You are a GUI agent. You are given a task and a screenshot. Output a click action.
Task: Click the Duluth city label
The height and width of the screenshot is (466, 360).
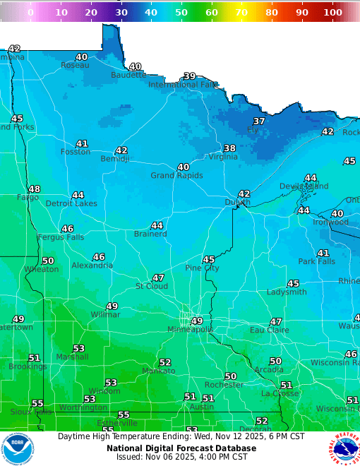point(237,203)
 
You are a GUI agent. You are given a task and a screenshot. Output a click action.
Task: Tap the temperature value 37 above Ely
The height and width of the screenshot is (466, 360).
point(259,121)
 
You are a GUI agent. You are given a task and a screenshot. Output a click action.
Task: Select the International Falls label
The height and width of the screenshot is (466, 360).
point(183,85)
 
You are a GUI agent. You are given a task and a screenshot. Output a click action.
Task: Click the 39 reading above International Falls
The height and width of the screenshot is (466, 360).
point(189,76)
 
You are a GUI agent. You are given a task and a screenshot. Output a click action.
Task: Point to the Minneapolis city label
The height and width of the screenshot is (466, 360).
point(190,330)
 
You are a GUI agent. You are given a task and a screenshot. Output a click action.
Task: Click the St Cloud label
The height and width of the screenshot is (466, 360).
point(152,286)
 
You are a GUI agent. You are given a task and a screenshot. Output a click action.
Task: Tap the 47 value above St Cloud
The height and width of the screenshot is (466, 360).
point(158,277)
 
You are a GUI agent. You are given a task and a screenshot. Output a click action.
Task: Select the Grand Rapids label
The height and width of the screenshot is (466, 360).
point(176,175)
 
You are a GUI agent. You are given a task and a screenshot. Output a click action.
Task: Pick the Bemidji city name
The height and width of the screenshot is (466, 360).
point(114,159)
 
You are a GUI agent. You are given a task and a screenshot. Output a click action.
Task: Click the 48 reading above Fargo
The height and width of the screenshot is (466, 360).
point(34,189)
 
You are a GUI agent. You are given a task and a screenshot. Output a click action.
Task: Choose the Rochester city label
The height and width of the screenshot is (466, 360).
point(224,385)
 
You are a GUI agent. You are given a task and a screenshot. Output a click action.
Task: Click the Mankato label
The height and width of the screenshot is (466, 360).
point(158,371)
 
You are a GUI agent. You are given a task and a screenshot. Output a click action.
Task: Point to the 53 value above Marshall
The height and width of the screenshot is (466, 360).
point(78,348)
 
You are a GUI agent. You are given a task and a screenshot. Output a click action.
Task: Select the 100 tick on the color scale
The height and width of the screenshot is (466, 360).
point(332,12)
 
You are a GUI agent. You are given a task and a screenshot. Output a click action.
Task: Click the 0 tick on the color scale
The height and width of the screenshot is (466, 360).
point(30,12)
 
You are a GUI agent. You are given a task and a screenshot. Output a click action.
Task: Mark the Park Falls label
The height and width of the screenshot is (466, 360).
point(316,261)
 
